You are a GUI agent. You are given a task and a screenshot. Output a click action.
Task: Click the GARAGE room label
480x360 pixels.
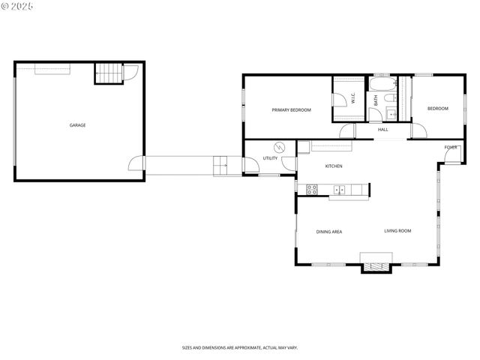(x=77, y=125)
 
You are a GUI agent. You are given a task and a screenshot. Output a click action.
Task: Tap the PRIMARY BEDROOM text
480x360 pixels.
(x=291, y=110)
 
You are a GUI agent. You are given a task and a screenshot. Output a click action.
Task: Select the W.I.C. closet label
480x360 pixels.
(x=352, y=98)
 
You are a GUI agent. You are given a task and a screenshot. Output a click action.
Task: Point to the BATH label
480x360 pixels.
(x=376, y=99)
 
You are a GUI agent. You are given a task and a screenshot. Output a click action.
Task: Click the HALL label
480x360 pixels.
(x=382, y=130)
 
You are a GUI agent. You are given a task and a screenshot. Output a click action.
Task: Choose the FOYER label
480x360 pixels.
(x=450, y=147)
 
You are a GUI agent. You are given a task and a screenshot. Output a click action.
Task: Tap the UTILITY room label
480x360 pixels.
(x=270, y=158)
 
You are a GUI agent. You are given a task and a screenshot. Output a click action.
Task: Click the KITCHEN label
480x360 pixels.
(x=334, y=166)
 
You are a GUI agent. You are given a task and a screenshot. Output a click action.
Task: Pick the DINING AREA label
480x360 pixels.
(x=328, y=232)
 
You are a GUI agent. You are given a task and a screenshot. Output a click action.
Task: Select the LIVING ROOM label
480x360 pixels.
(x=397, y=231)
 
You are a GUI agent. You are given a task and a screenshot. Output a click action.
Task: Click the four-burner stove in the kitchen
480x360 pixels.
(x=312, y=190)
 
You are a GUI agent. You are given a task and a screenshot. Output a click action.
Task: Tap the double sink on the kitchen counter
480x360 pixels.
(x=339, y=189)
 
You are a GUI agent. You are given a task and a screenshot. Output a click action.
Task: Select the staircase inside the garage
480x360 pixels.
(x=108, y=73)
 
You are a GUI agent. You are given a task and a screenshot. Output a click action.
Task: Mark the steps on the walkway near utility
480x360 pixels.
(x=220, y=164)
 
